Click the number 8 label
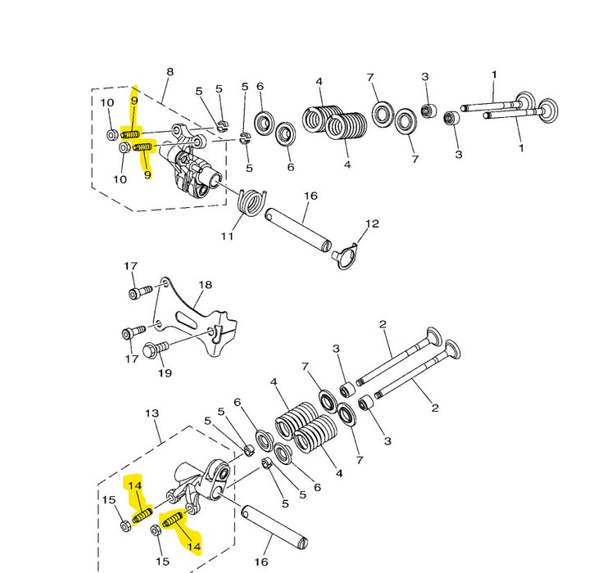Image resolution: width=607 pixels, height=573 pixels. point(170,71)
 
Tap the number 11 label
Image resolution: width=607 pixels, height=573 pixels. point(227,236)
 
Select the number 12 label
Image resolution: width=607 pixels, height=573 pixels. point(372,223)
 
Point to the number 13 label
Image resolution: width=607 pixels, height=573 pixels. point(152,413)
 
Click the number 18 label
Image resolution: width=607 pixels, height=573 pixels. point(205,285)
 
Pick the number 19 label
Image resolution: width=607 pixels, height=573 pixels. point(165,373)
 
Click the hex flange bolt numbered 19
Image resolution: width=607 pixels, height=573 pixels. point(156,350)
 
